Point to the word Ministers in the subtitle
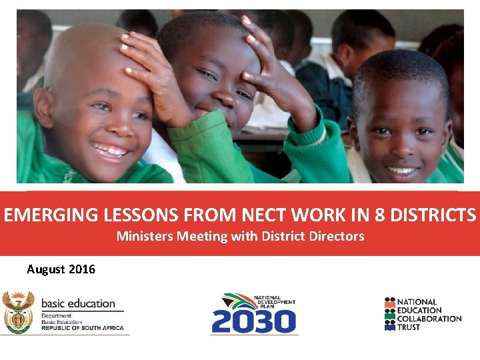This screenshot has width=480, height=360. click(x=142, y=236)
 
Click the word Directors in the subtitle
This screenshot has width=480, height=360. click(x=338, y=236)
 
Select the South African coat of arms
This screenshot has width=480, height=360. click(x=18, y=311)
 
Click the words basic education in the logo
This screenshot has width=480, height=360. click(x=78, y=303)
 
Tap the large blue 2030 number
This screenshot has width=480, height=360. click(x=253, y=321)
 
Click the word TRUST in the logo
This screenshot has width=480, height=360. click(x=409, y=327)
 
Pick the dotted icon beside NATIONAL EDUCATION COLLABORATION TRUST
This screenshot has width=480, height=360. click(x=390, y=314)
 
